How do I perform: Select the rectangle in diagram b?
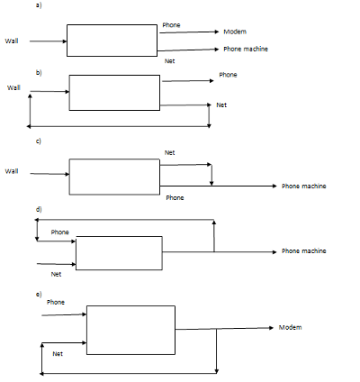[x=114, y=93]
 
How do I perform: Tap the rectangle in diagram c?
[x=114, y=176]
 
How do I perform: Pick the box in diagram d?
[x=119, y=253]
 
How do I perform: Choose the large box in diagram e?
[x=131, y=329]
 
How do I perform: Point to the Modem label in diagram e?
[x=291, y=326]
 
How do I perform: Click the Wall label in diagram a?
[x=12, y=41]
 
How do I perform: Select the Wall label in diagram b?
[x=13, y=87]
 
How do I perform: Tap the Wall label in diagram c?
[x=12, y=170]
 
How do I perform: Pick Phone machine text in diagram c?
[x=303, y=186]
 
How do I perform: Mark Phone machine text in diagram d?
[x=303, y=251]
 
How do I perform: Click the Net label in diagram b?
[x=222, y=105]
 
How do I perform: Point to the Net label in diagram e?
[x=58, y=354]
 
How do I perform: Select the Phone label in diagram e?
[x=56, y=301]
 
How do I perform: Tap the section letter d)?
[x=38, y=209]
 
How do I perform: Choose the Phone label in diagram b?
[x=229, y=75]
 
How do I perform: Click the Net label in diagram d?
[x=56, y=273]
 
